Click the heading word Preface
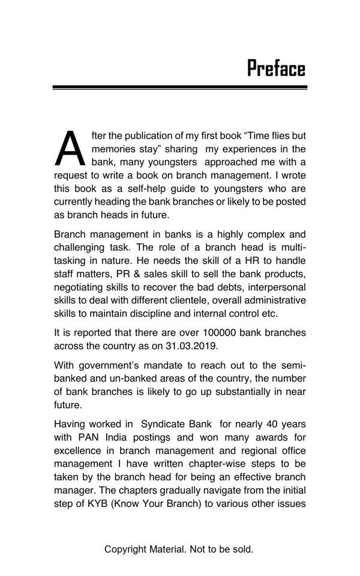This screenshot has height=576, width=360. (x=276, y=69)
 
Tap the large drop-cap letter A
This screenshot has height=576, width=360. (x=71, y=149)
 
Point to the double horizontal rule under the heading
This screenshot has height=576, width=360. (x=180, y=88)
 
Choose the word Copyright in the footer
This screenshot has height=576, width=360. (x=125, y=549)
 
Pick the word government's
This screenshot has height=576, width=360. (x=113, y=365)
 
